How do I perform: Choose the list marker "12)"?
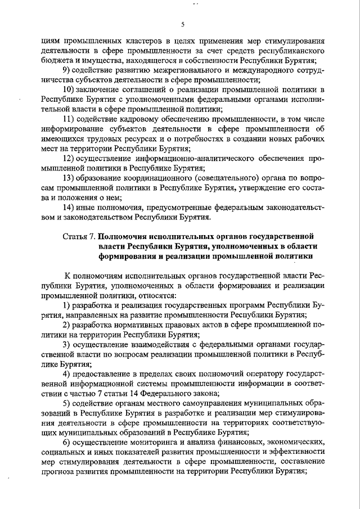tap(69, 159)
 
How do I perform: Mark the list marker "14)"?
tap(69, 208)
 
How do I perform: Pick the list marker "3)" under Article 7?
tap(66, 344)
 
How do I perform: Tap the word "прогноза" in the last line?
tap(60, 472)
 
